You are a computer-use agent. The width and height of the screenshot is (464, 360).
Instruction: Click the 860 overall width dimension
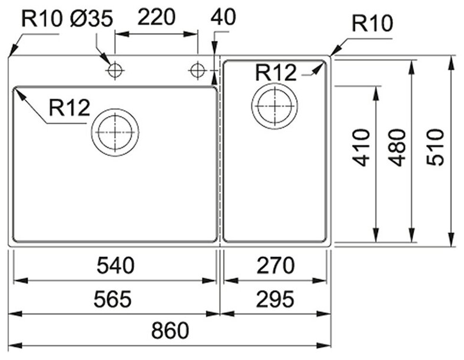[x=171, y=331]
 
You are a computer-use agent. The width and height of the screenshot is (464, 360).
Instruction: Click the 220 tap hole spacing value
[x=156, y=18]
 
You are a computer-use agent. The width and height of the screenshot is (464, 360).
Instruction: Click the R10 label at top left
[x=41, y=19]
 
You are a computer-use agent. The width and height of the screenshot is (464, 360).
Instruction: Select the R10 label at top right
[x=370, y=25]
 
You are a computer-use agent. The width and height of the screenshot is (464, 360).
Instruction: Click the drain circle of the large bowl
[x=115, y=132]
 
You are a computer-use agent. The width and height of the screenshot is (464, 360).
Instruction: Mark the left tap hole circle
[x=114, y=71]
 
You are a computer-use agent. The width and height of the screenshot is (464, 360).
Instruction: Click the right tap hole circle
[x=197, y=71]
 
